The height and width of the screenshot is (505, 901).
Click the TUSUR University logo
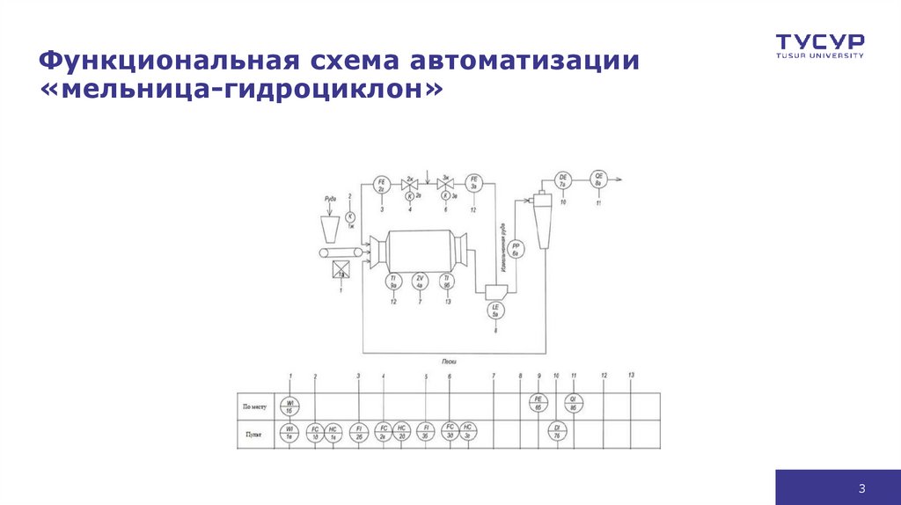point(819,45)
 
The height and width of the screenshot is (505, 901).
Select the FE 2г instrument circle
point(382,185)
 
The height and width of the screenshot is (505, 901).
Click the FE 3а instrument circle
point(473,185)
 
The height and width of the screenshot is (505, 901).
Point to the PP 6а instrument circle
point(517,249)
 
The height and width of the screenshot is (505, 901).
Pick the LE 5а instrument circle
point(495,309)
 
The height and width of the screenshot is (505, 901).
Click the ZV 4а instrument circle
point(421,282)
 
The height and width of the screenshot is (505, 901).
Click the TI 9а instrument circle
point(393,282)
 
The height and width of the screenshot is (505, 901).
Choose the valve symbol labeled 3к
point(445,185)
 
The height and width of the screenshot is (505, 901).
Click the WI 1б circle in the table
point(289,406)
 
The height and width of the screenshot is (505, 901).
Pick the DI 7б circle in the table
point(556,432)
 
